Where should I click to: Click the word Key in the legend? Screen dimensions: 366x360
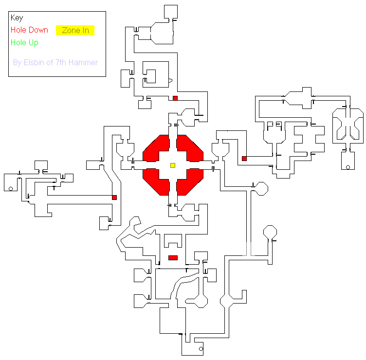(x=17, y=18)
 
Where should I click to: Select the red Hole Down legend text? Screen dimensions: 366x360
(x=29, y=30)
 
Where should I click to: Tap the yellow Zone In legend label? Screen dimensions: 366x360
(x=75, y=30)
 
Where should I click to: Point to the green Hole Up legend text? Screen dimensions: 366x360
(x=24, y=43)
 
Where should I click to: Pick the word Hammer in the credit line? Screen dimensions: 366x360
(x=83, y=63)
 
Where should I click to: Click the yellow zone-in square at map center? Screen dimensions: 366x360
(x=173, y=165)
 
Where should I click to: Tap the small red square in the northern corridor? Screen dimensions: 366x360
(x=175, y=98)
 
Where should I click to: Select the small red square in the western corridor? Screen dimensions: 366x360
(x=114, y=198)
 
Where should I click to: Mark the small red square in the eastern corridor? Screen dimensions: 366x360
(x=244, y=159)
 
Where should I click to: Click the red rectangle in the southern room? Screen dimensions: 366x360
(x=173, y=258)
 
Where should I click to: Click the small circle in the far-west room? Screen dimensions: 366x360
(x=11, y=189)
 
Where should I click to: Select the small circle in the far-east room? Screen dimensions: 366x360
(x=348, y=167)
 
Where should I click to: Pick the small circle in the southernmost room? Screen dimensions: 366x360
(x=201, y=349)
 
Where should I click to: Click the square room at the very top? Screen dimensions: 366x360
(x=171, y=12)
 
